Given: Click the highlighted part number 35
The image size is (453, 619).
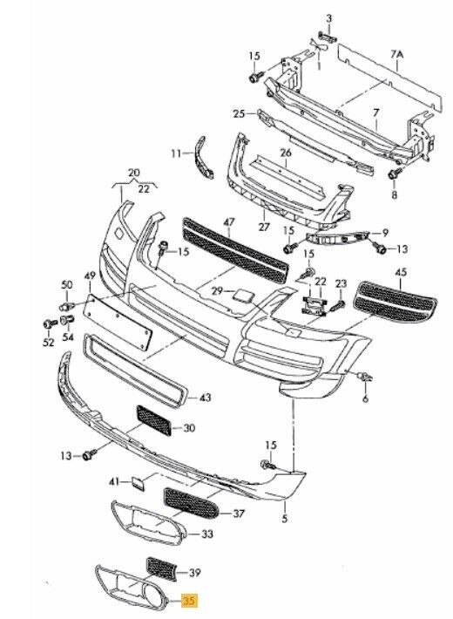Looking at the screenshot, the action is tap(189, 601).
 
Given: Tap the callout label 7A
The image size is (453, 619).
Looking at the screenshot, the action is tap(397, 54).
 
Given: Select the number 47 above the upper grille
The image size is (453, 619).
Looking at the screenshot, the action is tap(229, 222).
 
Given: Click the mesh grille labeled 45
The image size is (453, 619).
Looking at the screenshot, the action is tap(396, 302).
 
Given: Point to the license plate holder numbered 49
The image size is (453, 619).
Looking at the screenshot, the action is tap(118, 322).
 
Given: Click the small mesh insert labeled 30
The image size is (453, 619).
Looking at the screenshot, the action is tap(154, 420).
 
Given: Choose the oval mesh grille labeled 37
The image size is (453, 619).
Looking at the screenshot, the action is tap(192, 504).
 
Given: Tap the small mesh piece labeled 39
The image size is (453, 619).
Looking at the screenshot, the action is tap(161, 568).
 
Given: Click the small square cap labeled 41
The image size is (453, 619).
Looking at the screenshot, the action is tap(139, 482).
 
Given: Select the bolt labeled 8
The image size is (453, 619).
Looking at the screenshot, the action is tap(395, 173).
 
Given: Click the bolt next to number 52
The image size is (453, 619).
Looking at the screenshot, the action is tap(50, 324).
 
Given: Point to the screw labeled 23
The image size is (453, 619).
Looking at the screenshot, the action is tap(338, 305).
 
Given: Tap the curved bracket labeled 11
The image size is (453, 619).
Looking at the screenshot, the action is tap(205, 158).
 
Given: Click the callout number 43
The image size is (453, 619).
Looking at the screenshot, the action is tap(206, 398).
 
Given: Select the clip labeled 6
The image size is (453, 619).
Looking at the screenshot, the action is tap(365, 377).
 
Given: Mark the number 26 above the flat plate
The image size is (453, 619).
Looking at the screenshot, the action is tap(286, 153).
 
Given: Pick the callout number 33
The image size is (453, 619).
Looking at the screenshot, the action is tap(206, 534).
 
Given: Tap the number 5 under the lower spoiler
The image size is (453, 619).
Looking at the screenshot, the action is tap(285, 519).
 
